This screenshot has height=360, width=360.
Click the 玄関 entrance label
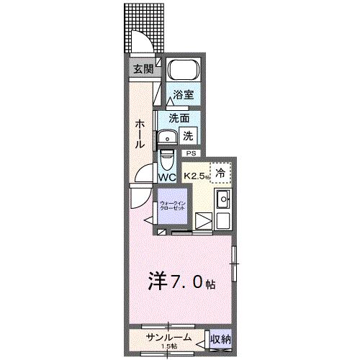[142, 69]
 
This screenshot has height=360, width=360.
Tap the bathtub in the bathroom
[184, 72]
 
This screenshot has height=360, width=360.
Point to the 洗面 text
[179, 117]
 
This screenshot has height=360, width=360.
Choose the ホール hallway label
[138, 134]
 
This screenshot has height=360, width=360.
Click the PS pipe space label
[191, 153]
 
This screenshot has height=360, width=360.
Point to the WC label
[167, 176]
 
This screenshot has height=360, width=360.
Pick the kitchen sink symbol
[223, 200]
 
